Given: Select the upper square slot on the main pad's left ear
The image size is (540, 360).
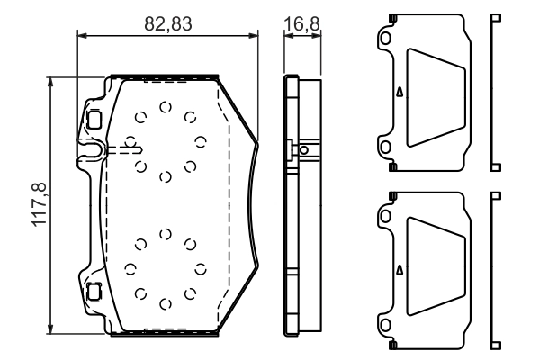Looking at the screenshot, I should coord(94,117).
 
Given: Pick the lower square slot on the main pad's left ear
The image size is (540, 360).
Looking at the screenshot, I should coord(94,291).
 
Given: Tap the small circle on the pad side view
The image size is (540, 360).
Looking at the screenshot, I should coord(304,150).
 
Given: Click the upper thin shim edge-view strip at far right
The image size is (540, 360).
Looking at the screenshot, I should coord(493,92).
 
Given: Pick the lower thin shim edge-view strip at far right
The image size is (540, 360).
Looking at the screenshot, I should coord(493,269).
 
